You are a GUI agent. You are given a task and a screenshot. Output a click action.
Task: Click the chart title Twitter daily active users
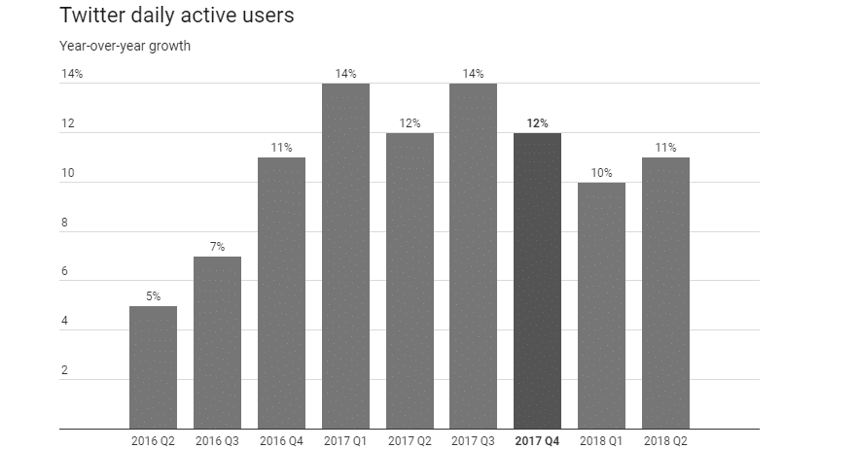pos(176,17)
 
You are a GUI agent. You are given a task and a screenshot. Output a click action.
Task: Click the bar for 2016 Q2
pos(153,367)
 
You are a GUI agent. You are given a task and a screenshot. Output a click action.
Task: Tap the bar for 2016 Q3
pos(217,342)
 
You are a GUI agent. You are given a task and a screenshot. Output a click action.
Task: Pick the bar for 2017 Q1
pos(345,256)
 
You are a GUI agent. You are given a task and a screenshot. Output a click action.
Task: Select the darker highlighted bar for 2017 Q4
pos(537,280)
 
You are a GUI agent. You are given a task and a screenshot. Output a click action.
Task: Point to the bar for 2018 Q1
pos(601,305)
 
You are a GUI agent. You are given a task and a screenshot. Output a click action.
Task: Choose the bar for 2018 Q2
pos(665,293)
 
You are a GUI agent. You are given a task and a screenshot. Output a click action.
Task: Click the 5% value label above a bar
pos(153,296)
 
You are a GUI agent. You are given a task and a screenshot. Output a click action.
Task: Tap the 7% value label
pos(217,247)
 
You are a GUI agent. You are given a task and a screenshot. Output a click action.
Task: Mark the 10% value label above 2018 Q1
pos(601,173)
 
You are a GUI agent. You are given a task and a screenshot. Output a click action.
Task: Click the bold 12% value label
pos(537,123)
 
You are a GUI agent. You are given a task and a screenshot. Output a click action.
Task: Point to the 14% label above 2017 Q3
pos(473,74)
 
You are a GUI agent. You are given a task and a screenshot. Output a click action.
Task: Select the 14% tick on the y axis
pos(72,74)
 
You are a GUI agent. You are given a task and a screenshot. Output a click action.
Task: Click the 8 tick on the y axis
pos(64,223)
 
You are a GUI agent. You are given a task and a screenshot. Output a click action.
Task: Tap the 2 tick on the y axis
pos(64,370)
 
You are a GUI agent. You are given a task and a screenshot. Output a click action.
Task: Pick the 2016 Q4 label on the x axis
pos(281,440)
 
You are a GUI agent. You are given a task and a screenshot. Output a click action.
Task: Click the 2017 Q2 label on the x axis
pos(410,440)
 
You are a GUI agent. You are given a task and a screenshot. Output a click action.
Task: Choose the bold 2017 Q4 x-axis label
pos(537,440)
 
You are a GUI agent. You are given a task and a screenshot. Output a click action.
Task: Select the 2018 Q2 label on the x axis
pos(665,440)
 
